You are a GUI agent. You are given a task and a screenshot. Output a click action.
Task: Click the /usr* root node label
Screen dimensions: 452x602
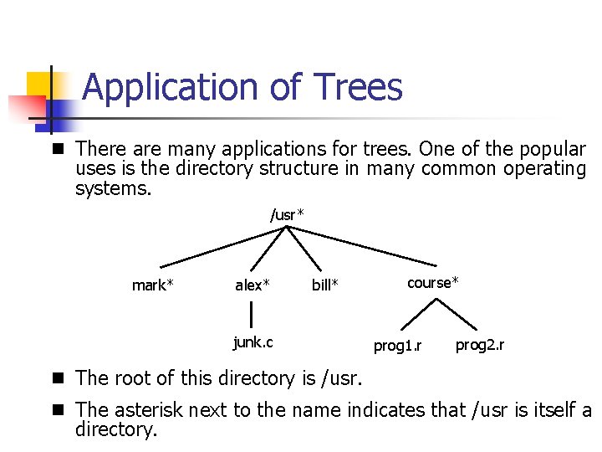pos(287,215)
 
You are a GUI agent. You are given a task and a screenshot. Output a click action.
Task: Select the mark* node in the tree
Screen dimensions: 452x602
pos(153,285)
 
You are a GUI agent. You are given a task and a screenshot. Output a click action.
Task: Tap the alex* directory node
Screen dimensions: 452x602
pos(253,285)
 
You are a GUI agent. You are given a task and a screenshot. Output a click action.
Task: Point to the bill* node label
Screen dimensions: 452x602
pos(325,285)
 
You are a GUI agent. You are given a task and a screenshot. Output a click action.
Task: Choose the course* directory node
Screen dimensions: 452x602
pos(433,282)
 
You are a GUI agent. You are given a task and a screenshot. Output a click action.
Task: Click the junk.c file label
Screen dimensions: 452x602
pos(253,342)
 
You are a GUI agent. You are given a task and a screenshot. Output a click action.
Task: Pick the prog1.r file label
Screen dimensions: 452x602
pos(397,346)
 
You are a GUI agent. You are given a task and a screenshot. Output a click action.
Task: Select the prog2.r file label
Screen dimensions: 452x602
pos(479,345)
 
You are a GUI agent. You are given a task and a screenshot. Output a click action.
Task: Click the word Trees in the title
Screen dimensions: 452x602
pos(357,87)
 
